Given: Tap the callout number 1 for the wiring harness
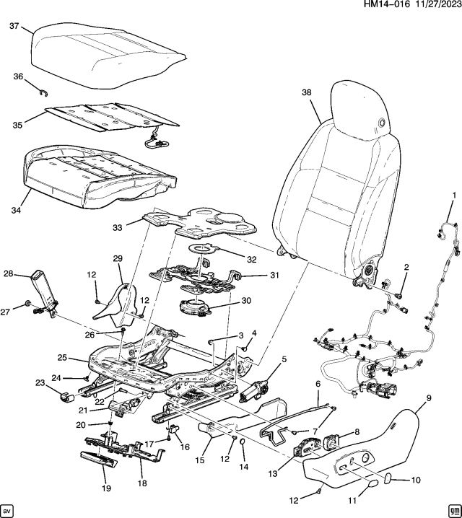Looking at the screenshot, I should [454, 195].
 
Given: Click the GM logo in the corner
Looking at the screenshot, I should [453, 509].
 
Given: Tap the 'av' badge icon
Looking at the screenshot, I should [9, 509].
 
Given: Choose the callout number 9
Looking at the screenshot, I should [429, 398].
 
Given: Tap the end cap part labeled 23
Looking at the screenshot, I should [63, 395].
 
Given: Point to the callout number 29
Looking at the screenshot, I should [118, 258].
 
